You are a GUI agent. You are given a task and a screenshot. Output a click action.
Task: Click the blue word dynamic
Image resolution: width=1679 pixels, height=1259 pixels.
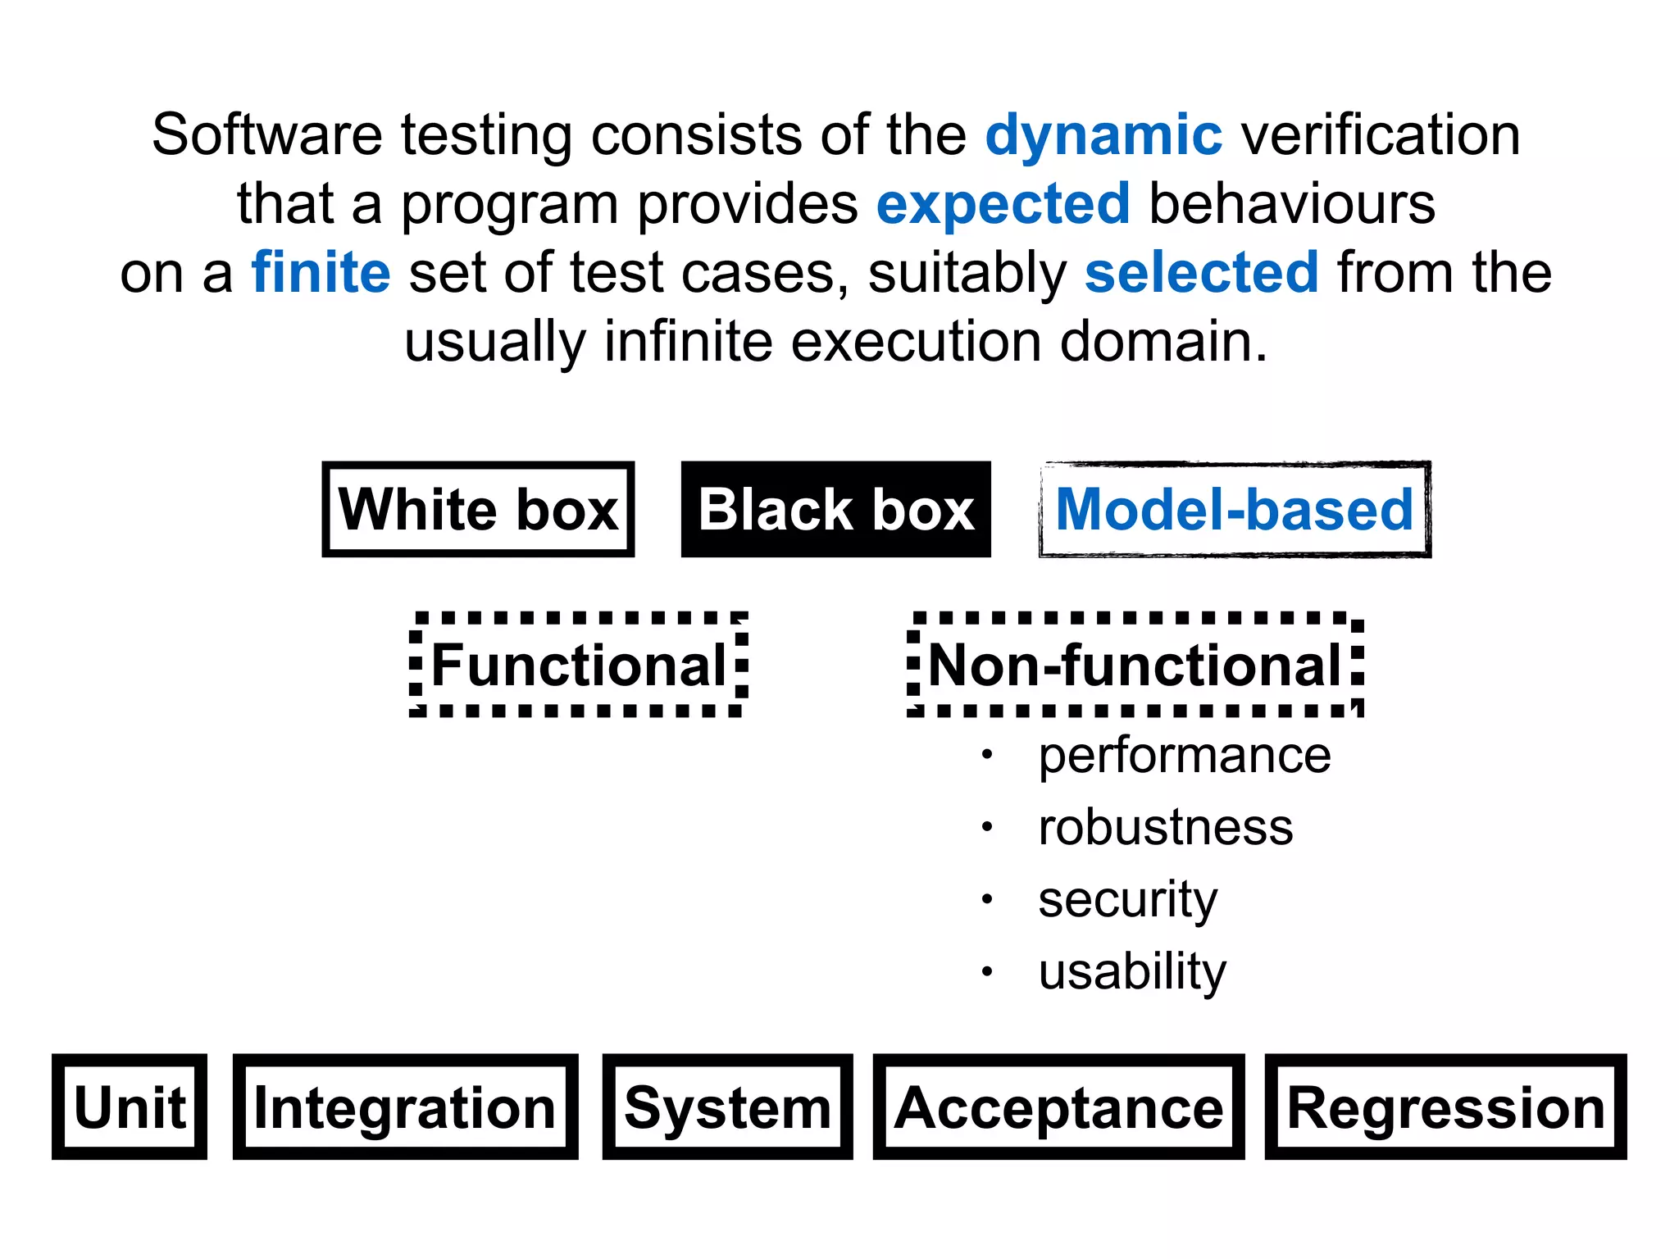coord(1103,136)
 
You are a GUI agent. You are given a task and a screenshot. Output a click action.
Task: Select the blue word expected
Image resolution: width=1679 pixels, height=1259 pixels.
coord(1003,205)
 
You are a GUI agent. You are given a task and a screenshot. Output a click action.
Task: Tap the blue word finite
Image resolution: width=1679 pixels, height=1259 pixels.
coord(321,273)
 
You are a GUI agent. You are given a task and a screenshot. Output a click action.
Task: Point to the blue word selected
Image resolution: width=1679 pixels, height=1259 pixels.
coord(1201,273)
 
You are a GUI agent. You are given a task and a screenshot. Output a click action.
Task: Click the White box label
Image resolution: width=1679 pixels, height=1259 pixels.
coord(478,510)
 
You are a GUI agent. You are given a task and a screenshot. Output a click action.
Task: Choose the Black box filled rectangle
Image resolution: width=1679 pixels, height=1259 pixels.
coord(835,510)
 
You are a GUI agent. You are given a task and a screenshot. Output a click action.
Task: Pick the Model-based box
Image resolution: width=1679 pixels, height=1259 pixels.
coord(1234,510)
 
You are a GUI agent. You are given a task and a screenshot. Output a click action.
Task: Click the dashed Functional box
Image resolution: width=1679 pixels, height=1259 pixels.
coord(579,665)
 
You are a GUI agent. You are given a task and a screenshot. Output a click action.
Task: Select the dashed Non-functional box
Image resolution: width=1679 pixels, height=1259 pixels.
coord(1135,665)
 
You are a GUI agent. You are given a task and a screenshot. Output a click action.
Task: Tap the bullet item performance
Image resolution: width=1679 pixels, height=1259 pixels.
coord(1184,755)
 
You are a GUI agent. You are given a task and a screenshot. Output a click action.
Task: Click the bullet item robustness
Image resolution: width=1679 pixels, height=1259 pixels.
coord(1165,827)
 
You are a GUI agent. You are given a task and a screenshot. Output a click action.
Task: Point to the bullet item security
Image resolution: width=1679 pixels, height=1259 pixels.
coord(1127,899)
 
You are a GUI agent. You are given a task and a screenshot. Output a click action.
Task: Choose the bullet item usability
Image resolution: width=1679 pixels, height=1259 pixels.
coord(1131,971)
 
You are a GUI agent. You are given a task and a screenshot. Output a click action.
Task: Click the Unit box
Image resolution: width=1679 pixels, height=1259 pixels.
coord(130,1107)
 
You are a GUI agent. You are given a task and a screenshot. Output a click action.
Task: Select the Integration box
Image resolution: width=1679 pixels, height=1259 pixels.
coord(405,1107)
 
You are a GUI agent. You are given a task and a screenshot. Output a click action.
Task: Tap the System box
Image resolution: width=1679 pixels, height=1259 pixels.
coord(727,1107)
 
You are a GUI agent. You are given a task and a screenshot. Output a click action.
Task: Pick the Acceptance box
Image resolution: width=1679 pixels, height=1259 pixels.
coord(1058,1107)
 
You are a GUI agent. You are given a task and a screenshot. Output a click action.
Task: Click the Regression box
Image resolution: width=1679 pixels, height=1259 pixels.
coord(1445,1107)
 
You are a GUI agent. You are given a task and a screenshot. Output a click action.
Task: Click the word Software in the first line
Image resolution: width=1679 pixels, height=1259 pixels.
coord(267,136)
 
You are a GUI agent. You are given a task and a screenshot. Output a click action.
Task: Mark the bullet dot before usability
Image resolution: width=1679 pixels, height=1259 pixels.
coord(987,972)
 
